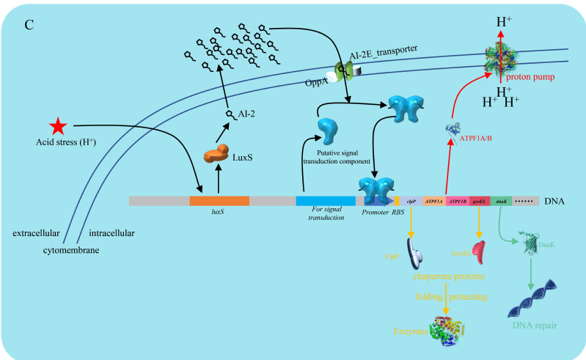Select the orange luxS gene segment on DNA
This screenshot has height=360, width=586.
tap(219, 200)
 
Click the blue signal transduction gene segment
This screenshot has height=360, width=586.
tap(326, 200)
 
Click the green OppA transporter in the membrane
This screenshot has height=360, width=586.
tap(344, 70)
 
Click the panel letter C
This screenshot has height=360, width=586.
tap(29, 25)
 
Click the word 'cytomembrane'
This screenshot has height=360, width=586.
tap(70, 250)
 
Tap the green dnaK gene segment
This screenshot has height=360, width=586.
tap(501, 200)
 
